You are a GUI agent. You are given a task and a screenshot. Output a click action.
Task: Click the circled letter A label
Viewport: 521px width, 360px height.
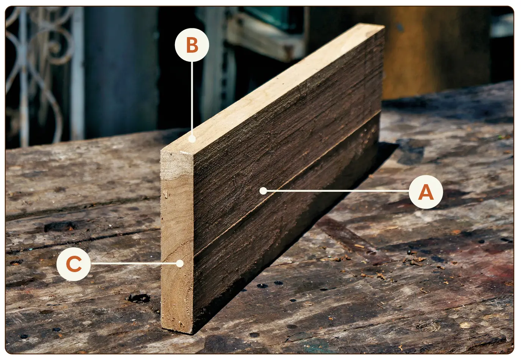tap(426, 192)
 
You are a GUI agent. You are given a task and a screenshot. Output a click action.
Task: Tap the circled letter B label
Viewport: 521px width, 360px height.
tap(192, 45)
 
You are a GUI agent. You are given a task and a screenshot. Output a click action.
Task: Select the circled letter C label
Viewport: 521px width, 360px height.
tap(73, 264)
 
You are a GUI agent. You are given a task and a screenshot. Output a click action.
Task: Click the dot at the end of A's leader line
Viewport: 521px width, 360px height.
tap(263, 191)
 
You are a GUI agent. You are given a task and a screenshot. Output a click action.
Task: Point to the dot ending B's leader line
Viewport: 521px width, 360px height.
tap(192, 139)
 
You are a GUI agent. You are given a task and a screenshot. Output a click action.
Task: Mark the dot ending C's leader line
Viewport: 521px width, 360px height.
tap(179, 263)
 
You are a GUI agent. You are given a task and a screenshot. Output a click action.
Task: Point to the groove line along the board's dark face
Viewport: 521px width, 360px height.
tap(287, 182)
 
